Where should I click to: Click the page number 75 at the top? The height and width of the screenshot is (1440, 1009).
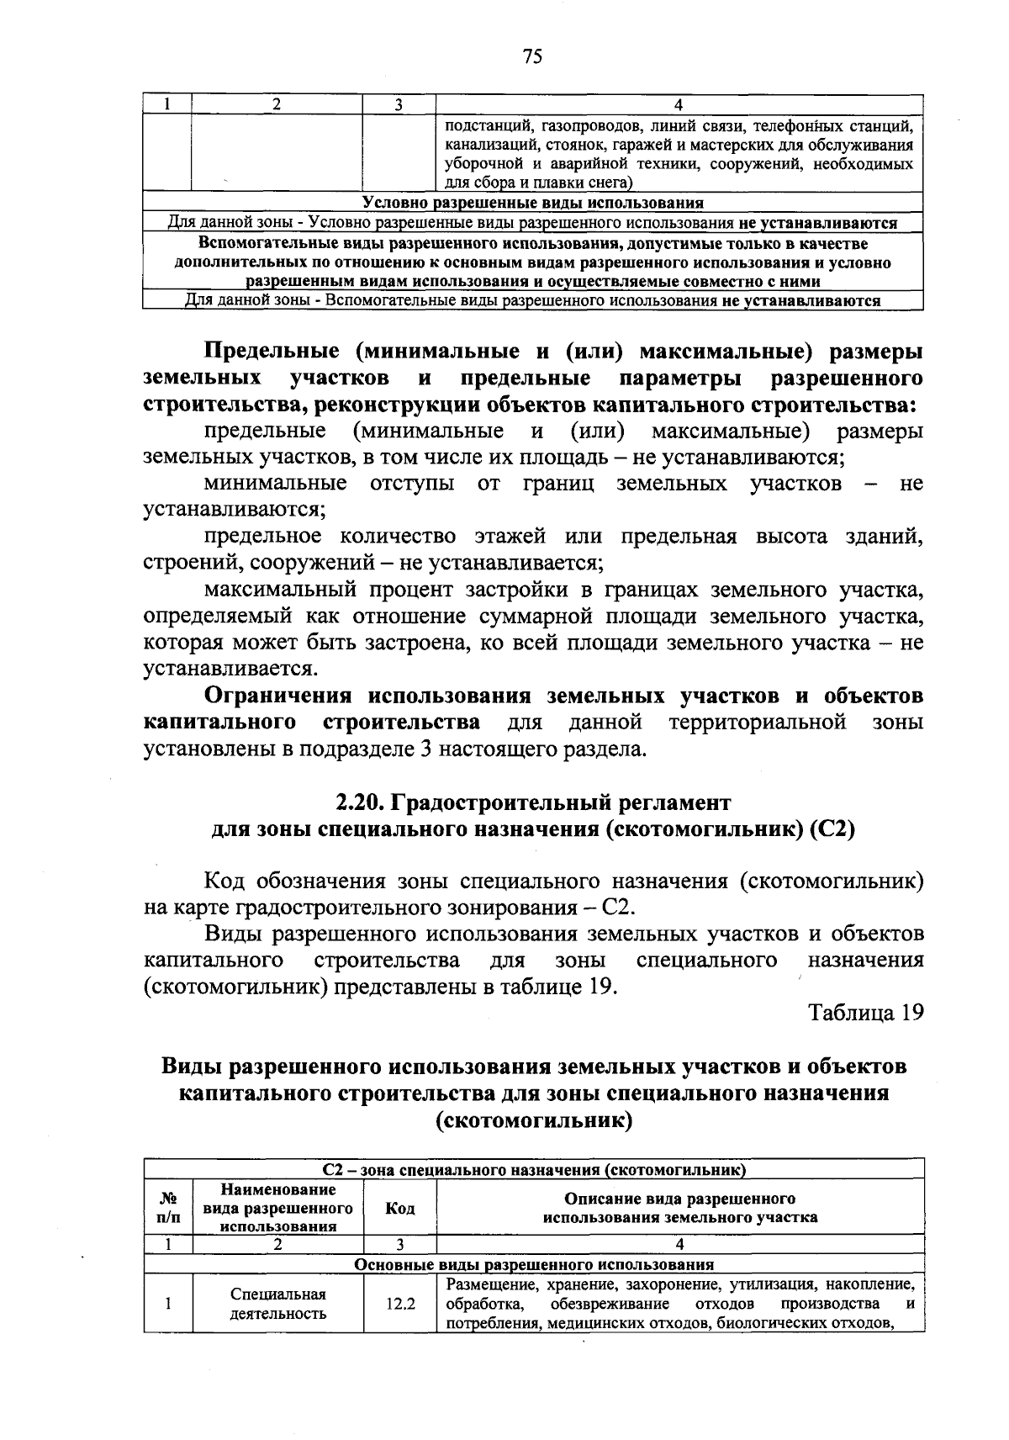coord(532,56)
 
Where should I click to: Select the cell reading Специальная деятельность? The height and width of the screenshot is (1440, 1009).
coord(278,1304)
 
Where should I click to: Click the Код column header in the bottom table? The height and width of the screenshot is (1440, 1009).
coord(400,1209)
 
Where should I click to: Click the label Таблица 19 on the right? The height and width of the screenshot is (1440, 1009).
coord(866,1012)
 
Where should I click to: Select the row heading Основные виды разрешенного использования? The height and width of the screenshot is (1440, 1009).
coord(534,1264)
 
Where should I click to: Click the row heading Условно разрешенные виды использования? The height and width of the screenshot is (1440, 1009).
coord(533,203)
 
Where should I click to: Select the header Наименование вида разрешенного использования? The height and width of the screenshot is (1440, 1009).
coord(278,1208)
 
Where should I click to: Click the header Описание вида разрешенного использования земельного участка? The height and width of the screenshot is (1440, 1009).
coord(679,1208)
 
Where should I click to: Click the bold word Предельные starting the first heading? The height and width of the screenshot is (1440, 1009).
coord(273,351)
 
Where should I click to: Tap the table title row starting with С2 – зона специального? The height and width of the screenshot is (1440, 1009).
coord(534,1169)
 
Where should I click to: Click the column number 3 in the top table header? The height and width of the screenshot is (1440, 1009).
coord(399,104)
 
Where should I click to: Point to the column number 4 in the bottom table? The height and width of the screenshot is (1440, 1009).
coord(679,1245)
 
